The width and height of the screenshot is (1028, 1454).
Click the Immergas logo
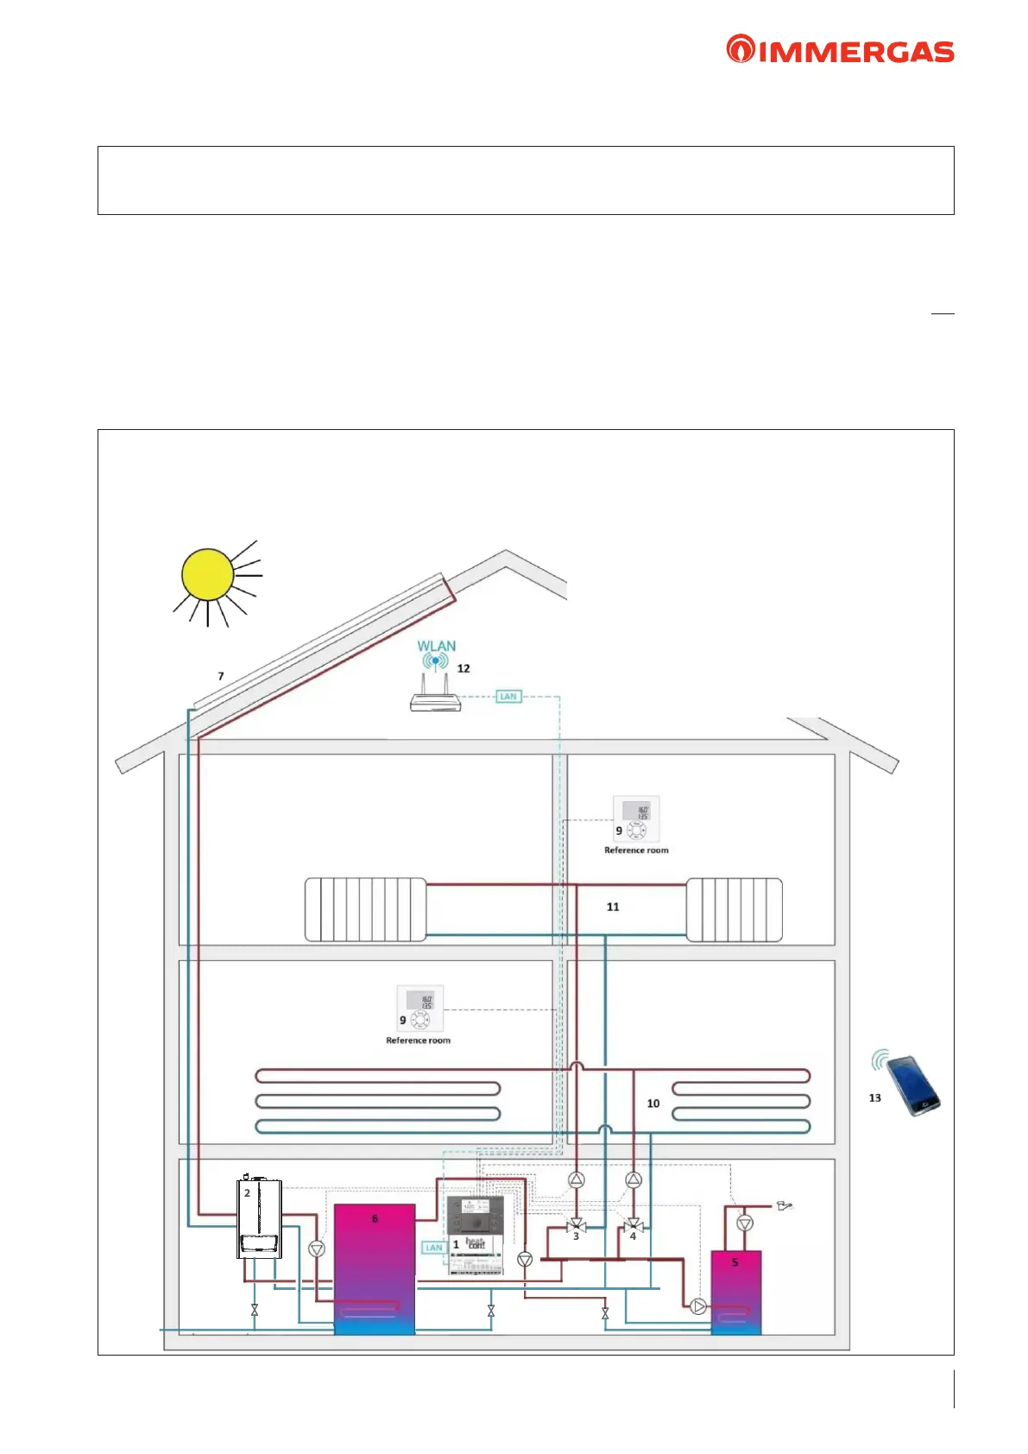pos(840,50)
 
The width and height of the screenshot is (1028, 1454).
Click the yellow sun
pos(207,574)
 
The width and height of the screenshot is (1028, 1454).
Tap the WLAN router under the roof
pos(436,700)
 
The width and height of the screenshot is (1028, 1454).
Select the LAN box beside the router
pos(508,697)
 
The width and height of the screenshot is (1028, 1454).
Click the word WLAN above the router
pos(436,646)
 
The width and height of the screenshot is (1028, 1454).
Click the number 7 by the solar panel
pos(221,676)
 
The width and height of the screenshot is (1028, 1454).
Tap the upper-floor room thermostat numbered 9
pos(637,819)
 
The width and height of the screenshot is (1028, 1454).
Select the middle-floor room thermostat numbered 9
pos(420,1008)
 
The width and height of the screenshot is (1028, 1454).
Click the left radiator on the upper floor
pos(365,910)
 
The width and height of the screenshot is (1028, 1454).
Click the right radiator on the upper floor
pos(735,910)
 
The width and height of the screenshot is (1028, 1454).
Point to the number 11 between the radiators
pos(613,907)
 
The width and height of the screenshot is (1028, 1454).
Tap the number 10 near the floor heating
pos(653,1103)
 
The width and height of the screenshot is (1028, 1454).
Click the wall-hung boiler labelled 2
pos(258,1218)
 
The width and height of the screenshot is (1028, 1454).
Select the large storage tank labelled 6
pos(375,1268)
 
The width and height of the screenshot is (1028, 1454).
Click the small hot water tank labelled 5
pos(735,1292)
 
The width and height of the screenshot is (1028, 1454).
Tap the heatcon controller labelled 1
pos(476,1235)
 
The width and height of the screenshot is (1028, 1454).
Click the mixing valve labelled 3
pos(577,1226)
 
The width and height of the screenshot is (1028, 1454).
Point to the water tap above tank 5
pos(785,1205)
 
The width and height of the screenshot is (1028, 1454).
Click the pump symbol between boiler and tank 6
pos(317,1249)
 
